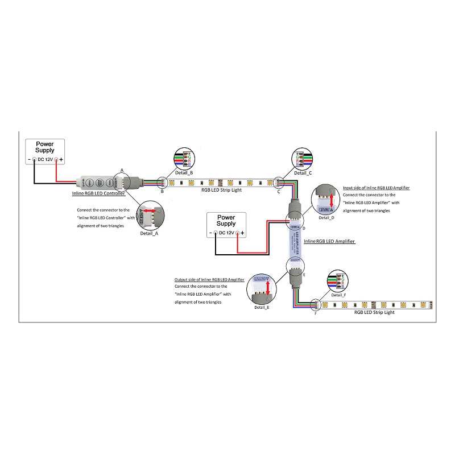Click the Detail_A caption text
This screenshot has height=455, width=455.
(x=149, y=233)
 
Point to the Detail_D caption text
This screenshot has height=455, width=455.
(x=326, y=218)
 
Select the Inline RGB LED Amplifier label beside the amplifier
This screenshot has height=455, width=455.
(x=329, y=242)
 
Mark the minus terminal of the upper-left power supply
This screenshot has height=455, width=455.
(x=34, y=160)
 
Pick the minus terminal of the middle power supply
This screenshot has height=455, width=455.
(x=216, y=233)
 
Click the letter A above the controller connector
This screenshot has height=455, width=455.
(x=121, y=170)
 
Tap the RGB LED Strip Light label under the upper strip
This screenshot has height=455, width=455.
(x=221, y=190)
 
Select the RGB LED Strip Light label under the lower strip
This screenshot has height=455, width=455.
(x=374, y=312)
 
